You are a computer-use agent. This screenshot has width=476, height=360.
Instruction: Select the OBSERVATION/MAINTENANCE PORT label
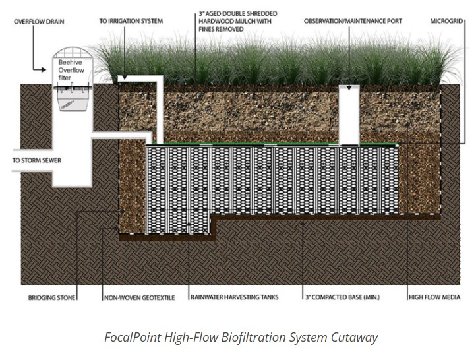(353, 21)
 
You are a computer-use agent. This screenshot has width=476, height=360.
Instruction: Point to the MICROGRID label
(444, 21)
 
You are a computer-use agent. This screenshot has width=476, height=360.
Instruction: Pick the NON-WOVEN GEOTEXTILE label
(139, 297)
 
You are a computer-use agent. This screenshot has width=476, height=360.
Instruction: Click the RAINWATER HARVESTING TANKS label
(234, 297)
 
